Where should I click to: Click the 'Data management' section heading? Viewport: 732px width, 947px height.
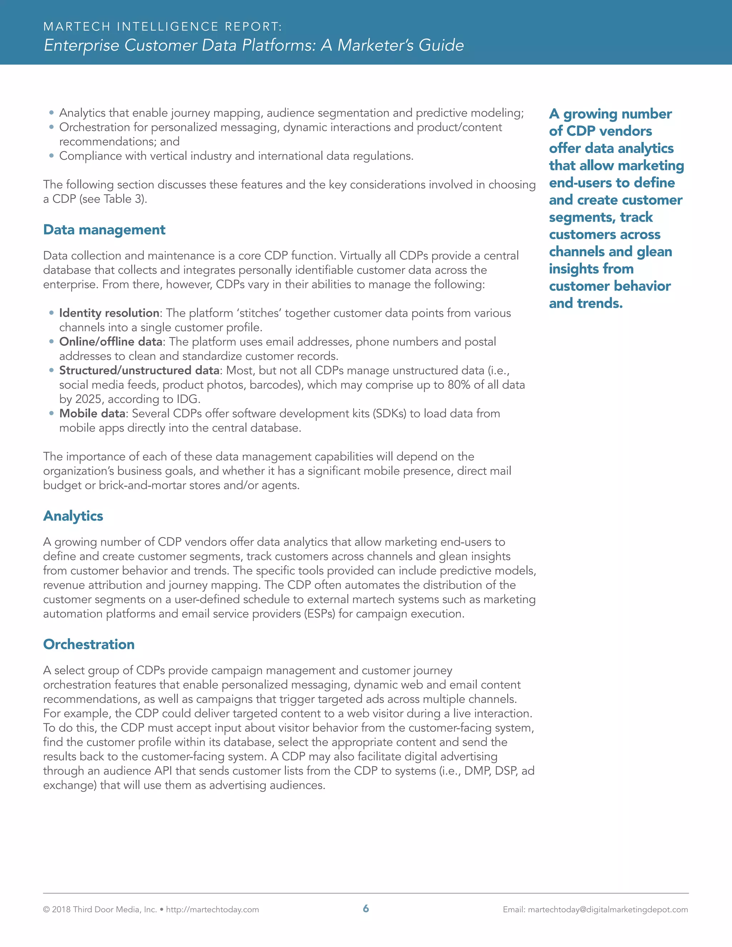click(x=104, y=230)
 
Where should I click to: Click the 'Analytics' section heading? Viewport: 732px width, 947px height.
click(x=73, y=516)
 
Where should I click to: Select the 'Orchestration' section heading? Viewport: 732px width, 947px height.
click(x=89, y=644)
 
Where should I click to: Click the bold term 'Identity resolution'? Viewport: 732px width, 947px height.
click(x=109, y=313)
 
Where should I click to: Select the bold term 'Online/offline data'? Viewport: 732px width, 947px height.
click(x=110, y=342)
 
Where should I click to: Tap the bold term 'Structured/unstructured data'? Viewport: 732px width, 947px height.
click(x=139, y=370)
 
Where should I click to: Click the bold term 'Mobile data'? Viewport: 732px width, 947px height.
click(x=92, y=413)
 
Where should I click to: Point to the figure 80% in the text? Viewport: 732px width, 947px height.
click(x=459, y=385)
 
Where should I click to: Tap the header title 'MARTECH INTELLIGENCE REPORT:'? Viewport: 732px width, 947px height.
click(x=163, y=27)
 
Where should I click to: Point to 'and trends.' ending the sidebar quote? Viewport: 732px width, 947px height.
click(x=585, y=303)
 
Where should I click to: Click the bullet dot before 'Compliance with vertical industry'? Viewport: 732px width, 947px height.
click(x=51, y=156)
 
